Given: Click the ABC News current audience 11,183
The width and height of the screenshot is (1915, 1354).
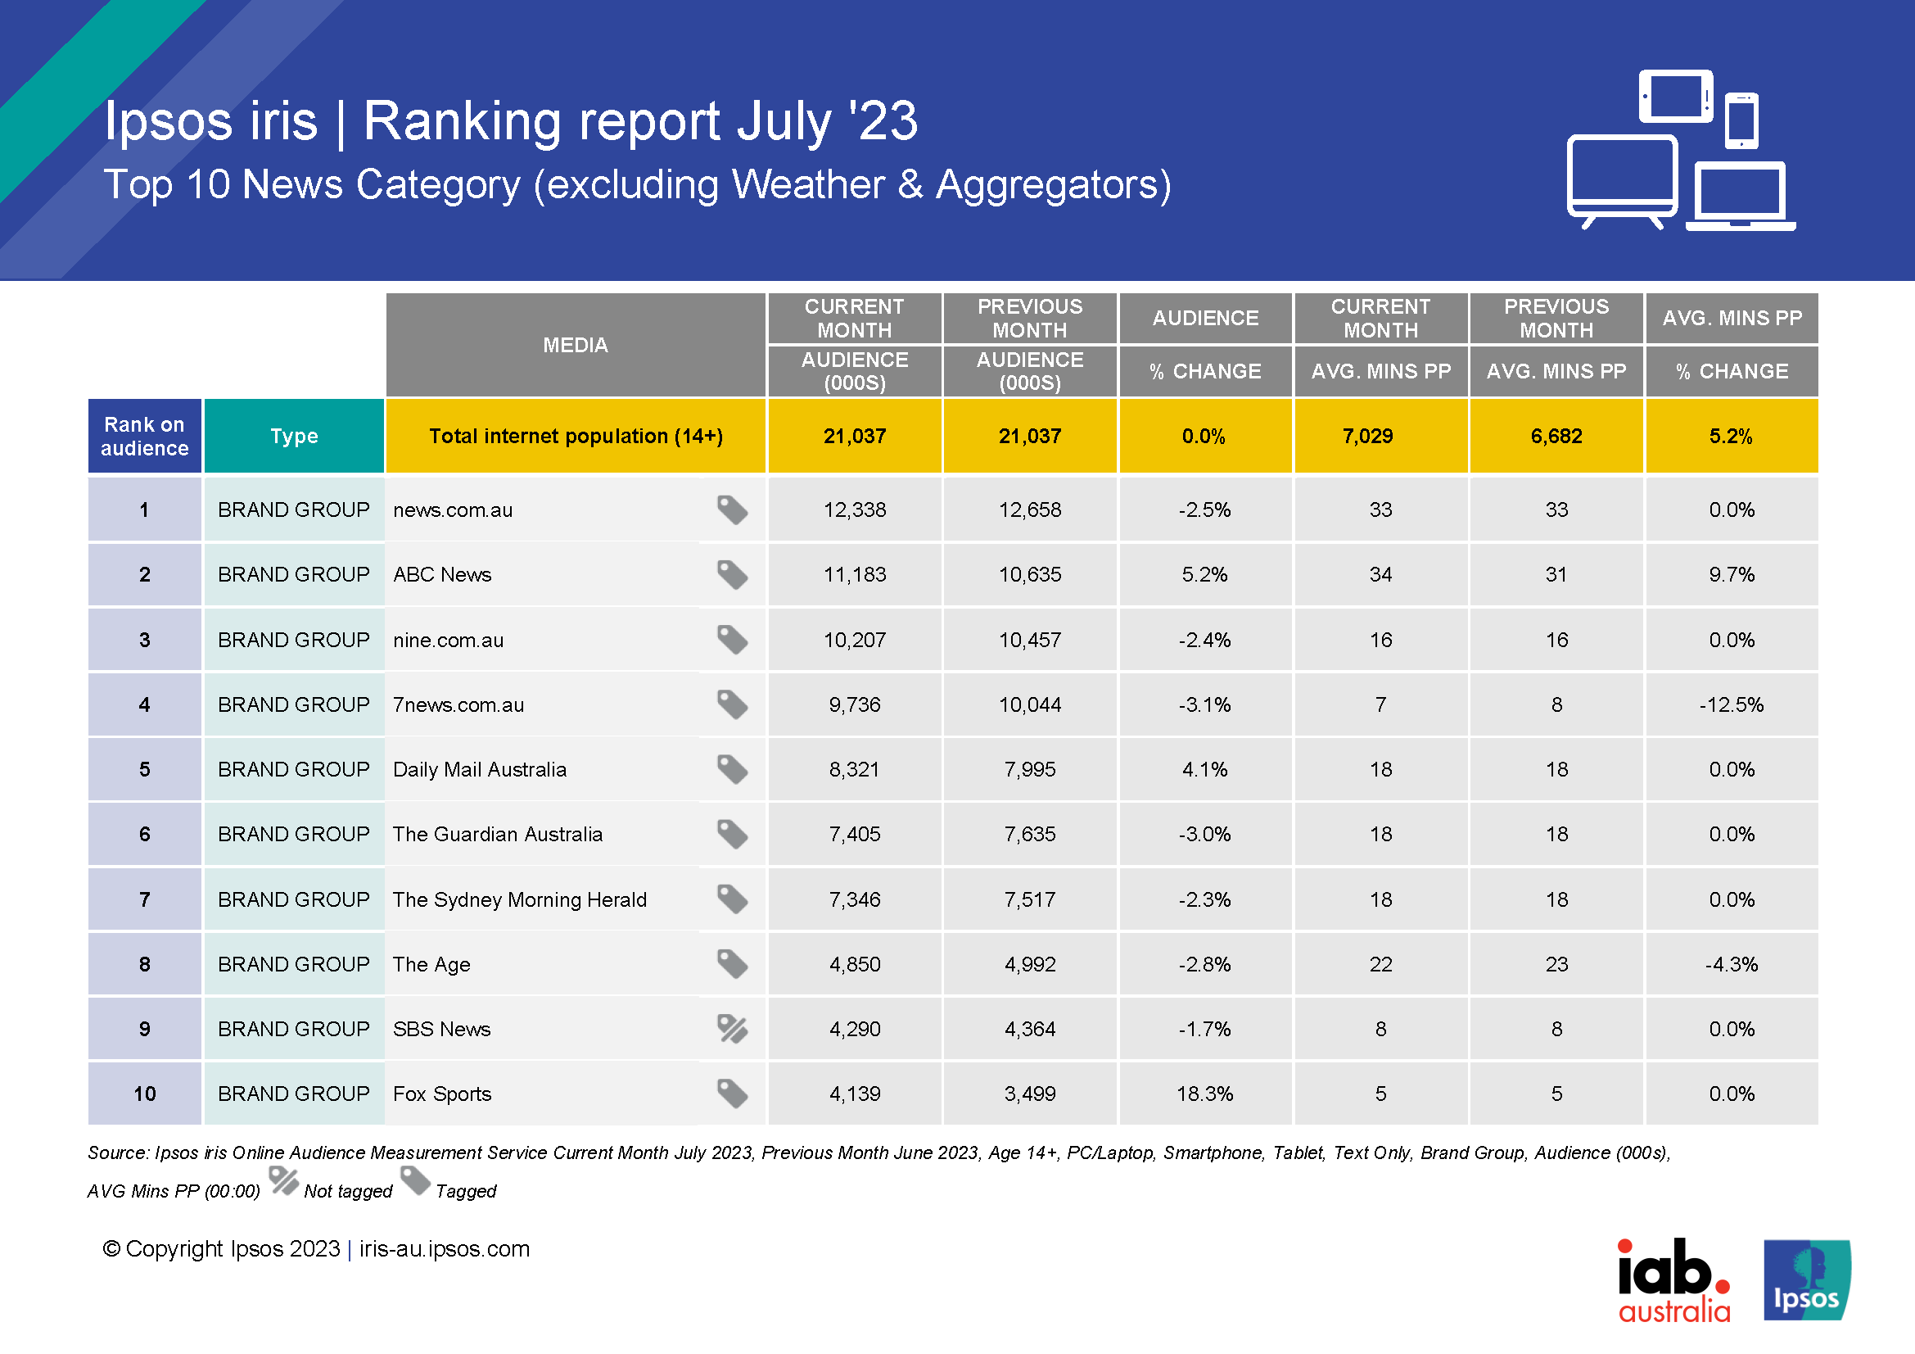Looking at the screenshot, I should (854, 575).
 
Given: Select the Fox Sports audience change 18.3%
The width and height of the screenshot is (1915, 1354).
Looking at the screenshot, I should (1204, 1094).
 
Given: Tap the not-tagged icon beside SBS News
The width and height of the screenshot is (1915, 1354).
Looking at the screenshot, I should (732, 1029).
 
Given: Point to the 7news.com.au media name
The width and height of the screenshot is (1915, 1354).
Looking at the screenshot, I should (458, 705).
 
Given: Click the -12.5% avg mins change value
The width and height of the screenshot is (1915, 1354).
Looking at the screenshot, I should (1731, 705).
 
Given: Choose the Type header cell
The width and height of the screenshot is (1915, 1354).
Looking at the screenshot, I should (294, 437).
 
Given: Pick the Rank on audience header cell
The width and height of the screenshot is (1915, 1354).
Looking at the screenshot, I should (144, 437).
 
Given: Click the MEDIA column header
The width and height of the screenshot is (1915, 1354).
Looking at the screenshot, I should (575, 345).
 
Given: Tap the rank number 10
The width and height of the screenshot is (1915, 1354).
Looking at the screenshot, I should (144, 1094).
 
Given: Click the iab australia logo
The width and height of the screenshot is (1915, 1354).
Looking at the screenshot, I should (1673, 1280).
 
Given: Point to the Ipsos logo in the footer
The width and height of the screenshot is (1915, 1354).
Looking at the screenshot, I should (1807, 1280).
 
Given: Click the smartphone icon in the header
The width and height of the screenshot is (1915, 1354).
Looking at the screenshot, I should (1741, 120).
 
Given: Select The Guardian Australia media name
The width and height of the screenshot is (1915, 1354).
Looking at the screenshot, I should (497, 834).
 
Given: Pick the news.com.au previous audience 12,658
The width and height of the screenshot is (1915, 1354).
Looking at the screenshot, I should (1029, 509).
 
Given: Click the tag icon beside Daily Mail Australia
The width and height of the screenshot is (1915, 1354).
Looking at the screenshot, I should (732, 769).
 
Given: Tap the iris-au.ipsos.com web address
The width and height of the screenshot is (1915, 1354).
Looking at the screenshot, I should (445, 1249).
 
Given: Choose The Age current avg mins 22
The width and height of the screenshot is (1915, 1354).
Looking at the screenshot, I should (1380, 964).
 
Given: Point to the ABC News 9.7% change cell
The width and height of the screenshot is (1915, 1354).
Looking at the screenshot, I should (1731, 575).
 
